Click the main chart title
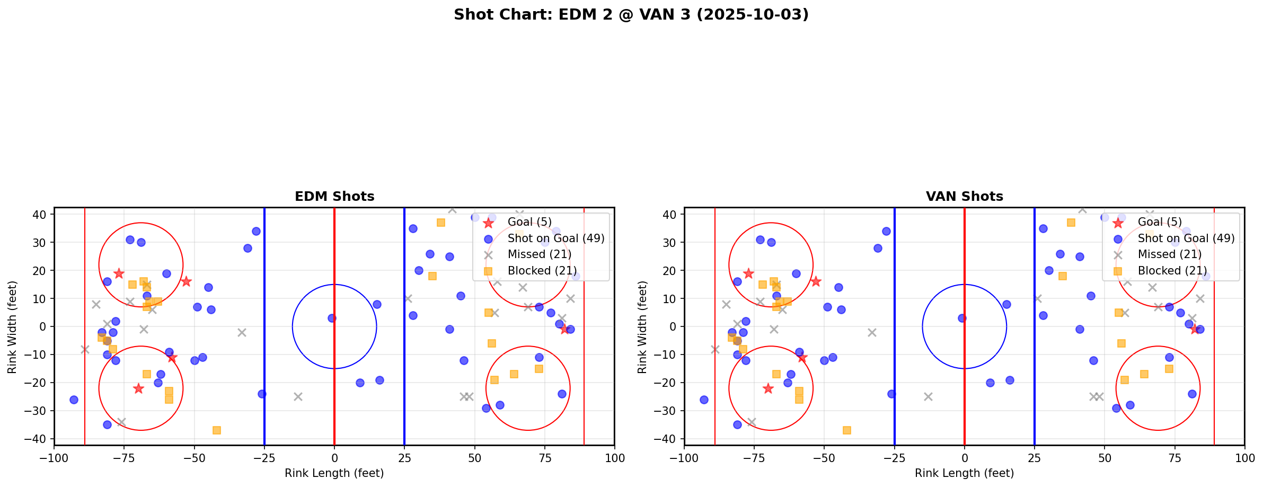[631, 15]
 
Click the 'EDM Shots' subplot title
[334, 197]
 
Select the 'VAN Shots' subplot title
[964, 197]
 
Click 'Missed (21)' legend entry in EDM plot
[539, 254]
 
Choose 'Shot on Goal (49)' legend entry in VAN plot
[1186, 238]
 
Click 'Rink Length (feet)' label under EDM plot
[334, 473]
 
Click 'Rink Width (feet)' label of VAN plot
[642, 326]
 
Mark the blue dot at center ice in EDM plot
[332, 318]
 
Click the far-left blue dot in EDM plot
[74, 400]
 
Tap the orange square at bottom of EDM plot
[217, 430]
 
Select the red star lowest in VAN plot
[768, 388]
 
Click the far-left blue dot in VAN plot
[704, 400]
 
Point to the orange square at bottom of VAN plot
[847, 430]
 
